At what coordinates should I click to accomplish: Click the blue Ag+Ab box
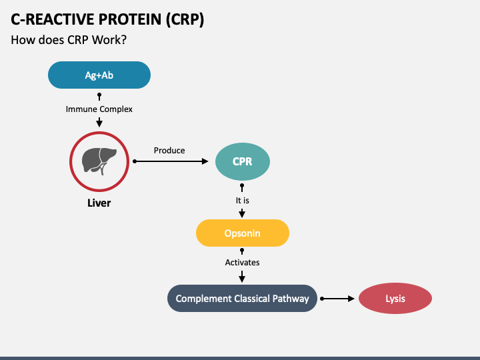(x=99, y=75)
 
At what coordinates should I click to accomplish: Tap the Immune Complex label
(x=99, y=109)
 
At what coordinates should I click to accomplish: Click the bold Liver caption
(x=99, y=203)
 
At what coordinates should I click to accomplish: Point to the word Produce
(x=169, y=150)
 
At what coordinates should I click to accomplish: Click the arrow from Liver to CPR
(x=171, y=161)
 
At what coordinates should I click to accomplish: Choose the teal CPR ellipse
(x=243, y=161)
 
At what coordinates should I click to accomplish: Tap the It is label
(x=243, y=201)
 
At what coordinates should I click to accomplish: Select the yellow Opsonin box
(x=243, y=233)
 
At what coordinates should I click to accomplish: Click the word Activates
(x=242, y=263)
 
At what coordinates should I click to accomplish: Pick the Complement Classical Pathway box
(x=242, y=299)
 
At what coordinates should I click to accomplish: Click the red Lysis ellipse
(x=395, y=299)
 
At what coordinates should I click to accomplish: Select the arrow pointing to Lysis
(x=337, y=299)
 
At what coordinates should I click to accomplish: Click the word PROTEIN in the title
(x=130, y=19)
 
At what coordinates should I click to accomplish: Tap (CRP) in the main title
(x=185, y=19)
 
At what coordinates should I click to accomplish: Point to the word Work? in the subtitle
(x=109, y=40)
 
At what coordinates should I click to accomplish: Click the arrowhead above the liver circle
(x=99, y=123)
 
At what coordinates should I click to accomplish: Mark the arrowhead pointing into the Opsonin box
(x=242, y=214)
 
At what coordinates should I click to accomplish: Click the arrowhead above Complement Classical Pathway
(x=242, y=278)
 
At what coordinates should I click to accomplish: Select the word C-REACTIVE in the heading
(x=53, y=19)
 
